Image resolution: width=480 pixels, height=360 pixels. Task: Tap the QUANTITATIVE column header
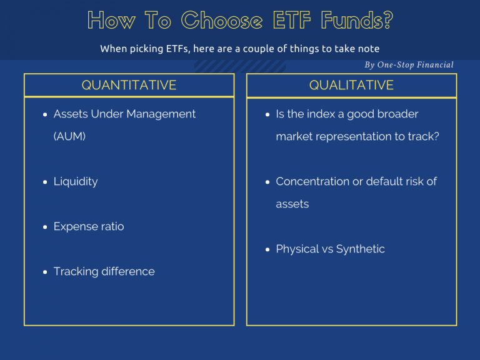[x=129, y=85]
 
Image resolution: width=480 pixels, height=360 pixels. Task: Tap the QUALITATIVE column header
[x=351, y=85]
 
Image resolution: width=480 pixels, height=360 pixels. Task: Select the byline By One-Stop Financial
[x=409, y=65]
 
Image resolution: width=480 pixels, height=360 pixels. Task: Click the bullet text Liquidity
[x=76, y=181]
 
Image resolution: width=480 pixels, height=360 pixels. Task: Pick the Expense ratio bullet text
[x=89, y=226]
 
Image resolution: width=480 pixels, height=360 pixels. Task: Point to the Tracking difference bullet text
[x=104, y=271]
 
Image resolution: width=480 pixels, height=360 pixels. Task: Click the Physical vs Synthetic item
[x=330, y=249]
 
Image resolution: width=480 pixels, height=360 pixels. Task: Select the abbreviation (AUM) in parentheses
[x=69, y=136]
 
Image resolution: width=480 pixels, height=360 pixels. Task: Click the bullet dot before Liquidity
[x=46, y=182]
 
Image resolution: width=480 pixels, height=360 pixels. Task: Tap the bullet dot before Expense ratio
[x=46, y=227]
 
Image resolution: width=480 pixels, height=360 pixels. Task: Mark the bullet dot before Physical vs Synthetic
[x=268, y=250]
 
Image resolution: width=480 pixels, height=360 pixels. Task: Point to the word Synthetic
[x=361, y=249]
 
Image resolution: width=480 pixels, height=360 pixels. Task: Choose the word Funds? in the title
[x=357, y=21]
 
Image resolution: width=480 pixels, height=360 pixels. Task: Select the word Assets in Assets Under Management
[x=71, y=114]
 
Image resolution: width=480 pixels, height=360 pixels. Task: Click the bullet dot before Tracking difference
[x=46, y=272]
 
